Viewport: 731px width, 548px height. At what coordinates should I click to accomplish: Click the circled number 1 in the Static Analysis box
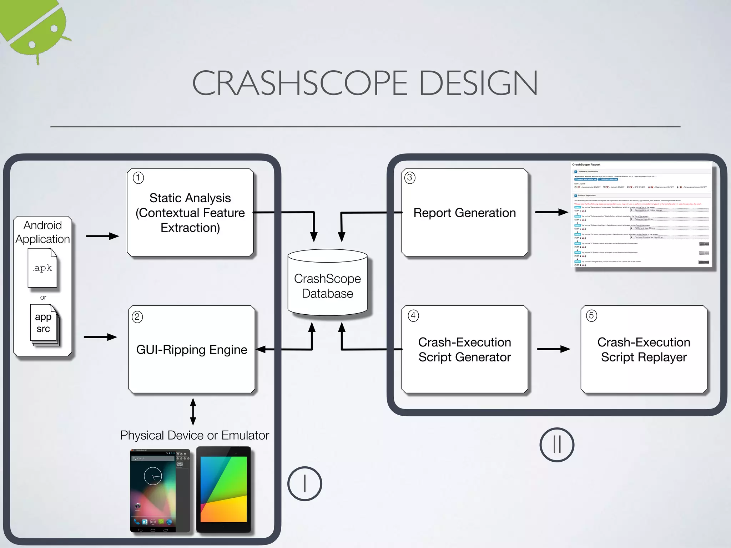[x=138, y=178]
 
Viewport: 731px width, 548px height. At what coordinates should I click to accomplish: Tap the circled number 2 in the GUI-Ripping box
[x=137, y=317]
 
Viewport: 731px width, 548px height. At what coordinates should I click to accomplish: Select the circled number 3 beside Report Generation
[x=410, y=178]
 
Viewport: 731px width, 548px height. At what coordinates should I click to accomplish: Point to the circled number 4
[x=413, y=315]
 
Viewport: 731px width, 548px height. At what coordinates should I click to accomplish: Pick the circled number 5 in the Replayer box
[x=591, y=315]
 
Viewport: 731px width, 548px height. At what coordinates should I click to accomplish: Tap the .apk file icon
[x=42, y=268]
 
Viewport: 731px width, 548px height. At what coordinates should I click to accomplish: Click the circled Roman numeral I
[x=304, y=484]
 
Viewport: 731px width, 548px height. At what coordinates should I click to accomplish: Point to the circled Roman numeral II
[x=557, y=445]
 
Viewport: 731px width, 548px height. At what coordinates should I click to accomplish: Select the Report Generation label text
[x=464, y=213]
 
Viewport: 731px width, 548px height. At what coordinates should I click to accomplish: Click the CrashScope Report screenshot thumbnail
[x=641, y=215]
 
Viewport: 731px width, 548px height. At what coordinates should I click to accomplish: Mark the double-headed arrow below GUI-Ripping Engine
[x=193, y=412]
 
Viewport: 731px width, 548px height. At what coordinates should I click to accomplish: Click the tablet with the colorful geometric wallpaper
[x=224, y=489]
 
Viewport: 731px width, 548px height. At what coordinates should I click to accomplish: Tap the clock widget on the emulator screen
[x=153, y=476]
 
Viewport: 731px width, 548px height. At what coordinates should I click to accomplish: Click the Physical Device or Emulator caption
[x=195, y=436]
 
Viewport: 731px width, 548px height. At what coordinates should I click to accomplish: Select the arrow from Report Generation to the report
[x=551, y=212]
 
